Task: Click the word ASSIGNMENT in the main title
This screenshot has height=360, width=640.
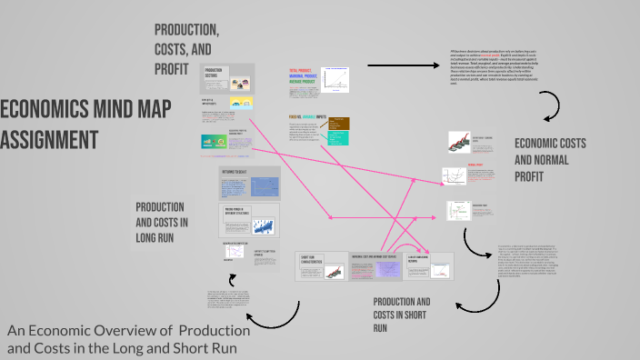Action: pos(49,140)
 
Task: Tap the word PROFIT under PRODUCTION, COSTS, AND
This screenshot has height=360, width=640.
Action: pos(172,68)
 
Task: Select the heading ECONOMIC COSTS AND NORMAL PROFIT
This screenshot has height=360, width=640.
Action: pos(550,159)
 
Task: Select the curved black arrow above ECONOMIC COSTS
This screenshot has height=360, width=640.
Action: pos(553,108)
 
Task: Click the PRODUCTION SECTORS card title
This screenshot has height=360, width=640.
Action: pos(215,72)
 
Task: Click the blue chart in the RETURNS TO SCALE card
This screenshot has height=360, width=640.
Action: pos(263,187)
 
